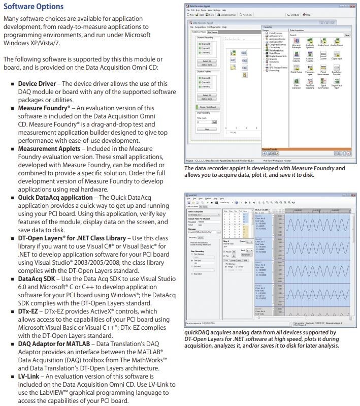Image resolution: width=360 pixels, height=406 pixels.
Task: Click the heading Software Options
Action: [x=34, y=7]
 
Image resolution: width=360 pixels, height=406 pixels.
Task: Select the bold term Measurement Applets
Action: [x=49, y=149]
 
